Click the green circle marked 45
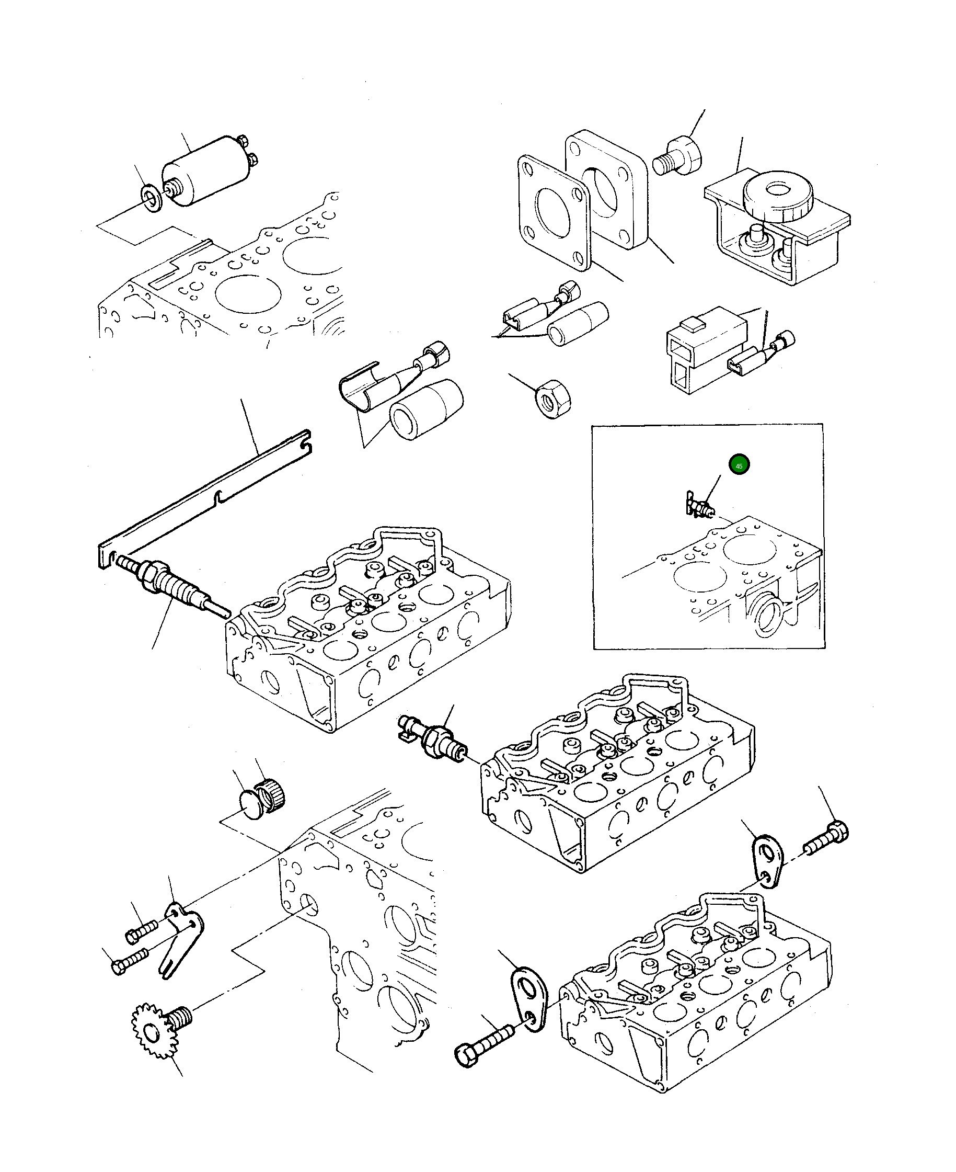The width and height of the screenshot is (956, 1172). tap(739, 465)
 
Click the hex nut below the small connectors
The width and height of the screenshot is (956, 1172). tap(554, 399)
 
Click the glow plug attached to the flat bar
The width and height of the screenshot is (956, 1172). tap(171, 586)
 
